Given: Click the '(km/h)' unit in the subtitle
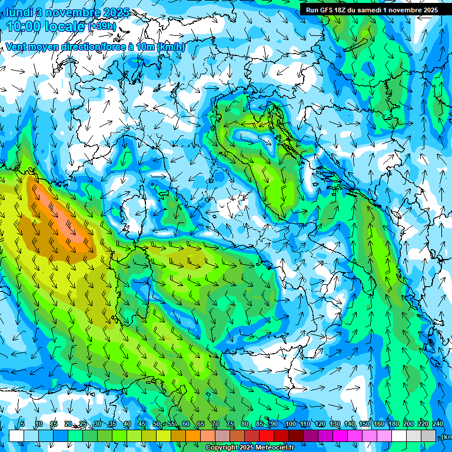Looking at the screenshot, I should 171,46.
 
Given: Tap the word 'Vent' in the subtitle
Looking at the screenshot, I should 17,46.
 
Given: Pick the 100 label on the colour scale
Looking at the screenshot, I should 290,424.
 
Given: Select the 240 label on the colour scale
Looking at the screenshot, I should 437,424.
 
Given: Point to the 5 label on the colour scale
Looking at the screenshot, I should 22,424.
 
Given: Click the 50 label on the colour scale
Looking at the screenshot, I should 157,424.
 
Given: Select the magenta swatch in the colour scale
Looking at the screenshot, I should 340,436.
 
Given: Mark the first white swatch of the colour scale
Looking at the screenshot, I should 16,436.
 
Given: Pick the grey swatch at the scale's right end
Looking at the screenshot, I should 428,436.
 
